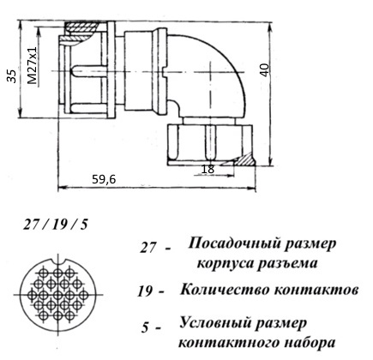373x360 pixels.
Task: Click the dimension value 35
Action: (12, 76)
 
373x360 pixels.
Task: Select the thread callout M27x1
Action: (33, 65)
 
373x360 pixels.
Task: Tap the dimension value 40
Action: (265, 70)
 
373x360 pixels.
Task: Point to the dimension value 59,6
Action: (104, 179)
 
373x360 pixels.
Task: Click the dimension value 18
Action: (208, 169)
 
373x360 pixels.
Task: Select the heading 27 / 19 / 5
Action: (56, 225)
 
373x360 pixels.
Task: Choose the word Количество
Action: (226, 290)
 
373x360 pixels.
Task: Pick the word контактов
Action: (316, 291)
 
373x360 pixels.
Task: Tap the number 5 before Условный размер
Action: (145, 327)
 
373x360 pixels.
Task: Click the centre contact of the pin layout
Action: (58, 294)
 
